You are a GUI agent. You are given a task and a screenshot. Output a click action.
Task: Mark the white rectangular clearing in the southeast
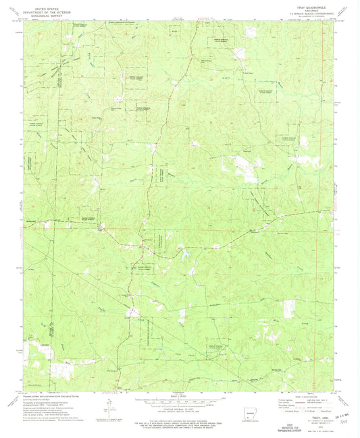tap(292, 306)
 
